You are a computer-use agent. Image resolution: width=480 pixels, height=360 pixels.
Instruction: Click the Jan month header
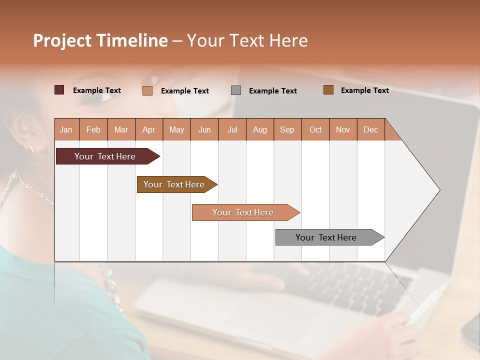coord(66,129)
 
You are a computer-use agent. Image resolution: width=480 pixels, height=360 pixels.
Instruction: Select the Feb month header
coord(93,129)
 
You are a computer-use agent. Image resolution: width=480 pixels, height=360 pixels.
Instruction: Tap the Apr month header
coord(148,129)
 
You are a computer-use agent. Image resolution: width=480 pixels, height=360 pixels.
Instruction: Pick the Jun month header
coord(204,129)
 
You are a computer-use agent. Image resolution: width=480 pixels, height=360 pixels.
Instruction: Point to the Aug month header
coord(259,129)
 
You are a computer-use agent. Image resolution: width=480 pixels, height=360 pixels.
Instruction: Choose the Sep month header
coord(287,129)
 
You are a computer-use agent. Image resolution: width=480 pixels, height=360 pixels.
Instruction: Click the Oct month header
coord(315,129)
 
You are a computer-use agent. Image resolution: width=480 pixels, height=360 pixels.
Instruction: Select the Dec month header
coord(370,129)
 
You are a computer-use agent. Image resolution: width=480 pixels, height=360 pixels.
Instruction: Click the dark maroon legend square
coord(59,90)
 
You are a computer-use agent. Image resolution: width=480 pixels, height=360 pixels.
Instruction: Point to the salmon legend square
coord(147,90)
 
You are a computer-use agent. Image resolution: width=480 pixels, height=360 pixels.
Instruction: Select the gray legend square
coord(236,90)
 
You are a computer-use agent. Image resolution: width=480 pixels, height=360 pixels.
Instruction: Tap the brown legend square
coord(328,90)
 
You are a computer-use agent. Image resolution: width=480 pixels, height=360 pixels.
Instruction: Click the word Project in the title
coord(62,40)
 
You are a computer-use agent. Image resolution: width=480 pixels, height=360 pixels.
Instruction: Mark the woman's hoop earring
coord(29,147)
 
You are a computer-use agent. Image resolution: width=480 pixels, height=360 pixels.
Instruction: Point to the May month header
coord(176,129)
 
